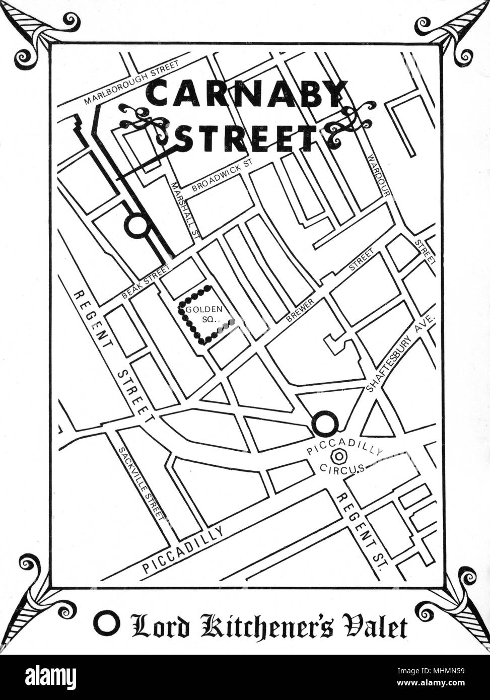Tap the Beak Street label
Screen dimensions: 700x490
tap(145, 282)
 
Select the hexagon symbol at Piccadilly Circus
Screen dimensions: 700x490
tap(340, 456)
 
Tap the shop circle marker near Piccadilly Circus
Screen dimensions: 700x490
tap(325, 424)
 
